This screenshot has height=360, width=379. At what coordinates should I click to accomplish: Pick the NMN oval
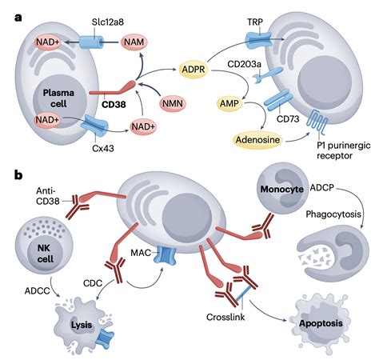click(171, 103)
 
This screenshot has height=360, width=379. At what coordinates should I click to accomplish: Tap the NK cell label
click(39, 254)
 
